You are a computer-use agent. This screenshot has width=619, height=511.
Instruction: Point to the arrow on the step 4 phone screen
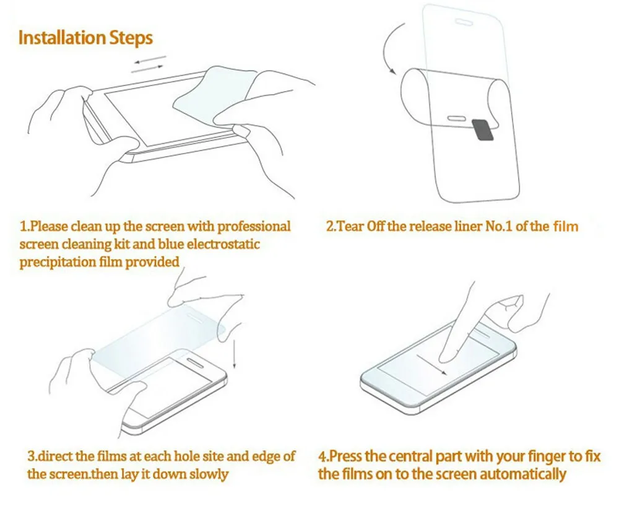tap(432, 364)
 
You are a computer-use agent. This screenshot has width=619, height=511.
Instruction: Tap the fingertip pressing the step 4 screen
tap(443, 357)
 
